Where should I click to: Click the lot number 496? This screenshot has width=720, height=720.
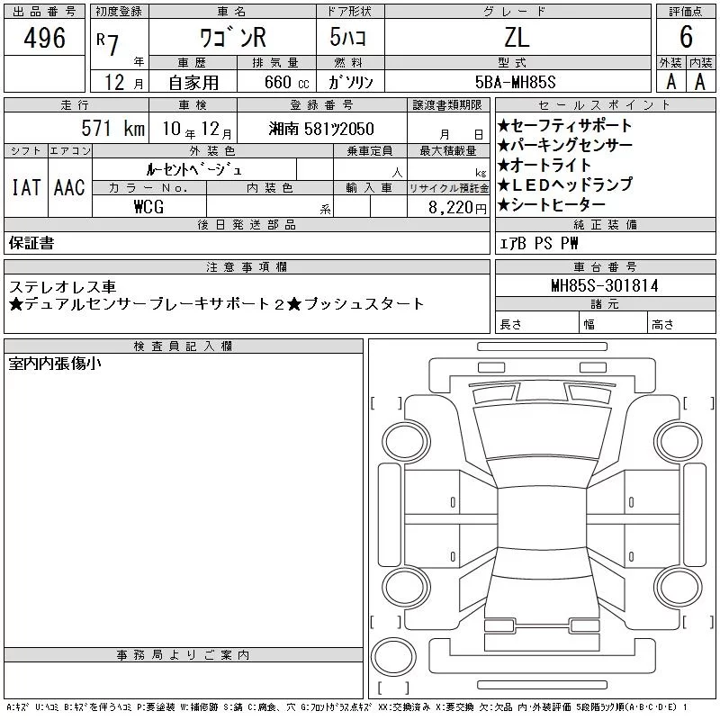pyautogui.click(x=44, y=37)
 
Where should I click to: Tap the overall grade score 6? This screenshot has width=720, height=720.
pyautogui.click(x=686, y=37)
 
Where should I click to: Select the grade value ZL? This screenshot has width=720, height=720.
pyautogui.click(x=517, y=37)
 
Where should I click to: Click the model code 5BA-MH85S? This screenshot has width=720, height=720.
pyautogui.click(x=515, y=82)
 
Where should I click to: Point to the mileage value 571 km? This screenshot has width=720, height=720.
pyautogui.click(x=113, y=128)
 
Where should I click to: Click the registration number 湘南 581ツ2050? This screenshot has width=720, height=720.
pyautogui.click(x=321, y=129)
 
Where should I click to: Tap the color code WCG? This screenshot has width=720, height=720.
pyautogui.click(x=148, y=207)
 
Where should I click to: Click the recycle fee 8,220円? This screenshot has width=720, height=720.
pyautogui.click(x=457, y=208)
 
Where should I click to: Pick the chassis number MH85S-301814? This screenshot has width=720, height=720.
pyautogui.click(x=605, y=285)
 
